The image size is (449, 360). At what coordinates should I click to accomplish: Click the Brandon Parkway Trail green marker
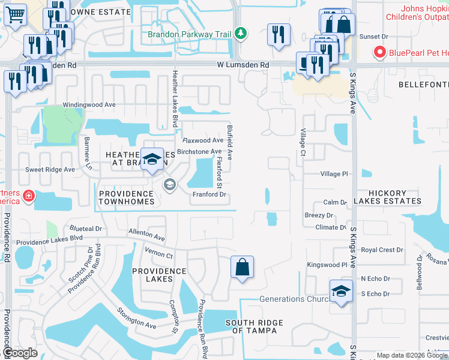pos(240,32)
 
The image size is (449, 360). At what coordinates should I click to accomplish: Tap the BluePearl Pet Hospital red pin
pos(379,53)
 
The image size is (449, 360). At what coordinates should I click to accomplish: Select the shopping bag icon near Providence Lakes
pos(242,268)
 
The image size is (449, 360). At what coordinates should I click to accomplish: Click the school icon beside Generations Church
pos(341,292)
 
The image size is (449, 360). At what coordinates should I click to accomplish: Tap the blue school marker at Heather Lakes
pos(152,159)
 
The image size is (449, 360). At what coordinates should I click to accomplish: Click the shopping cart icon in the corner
pos(15,14)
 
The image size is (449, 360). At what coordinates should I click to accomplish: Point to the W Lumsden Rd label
pos(241,64)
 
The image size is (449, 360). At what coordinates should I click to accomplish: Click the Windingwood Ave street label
pos(89,104)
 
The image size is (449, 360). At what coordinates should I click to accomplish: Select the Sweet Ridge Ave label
pos(50,170)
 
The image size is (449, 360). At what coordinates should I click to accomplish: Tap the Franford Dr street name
pos(209,194)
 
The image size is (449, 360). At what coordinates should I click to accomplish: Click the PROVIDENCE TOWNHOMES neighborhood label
pos(127,198)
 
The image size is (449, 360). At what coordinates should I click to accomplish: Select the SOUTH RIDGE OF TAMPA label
pos(254,327)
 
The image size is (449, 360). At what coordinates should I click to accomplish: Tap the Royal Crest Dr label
pos(382,250)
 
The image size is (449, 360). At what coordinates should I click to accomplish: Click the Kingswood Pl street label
pos(327,265)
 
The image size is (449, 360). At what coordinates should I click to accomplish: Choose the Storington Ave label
pos(136,317)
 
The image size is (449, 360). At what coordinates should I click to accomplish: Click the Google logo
pos(20,353)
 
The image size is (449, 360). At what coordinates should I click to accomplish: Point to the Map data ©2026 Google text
pos(411,356)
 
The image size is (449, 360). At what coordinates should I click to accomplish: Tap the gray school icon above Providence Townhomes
pos(170,184)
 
